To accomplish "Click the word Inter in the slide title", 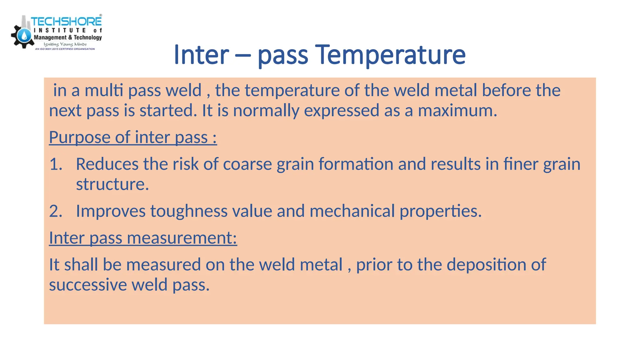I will click(x=201, y=55).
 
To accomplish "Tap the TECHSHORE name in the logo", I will click(x=66, y=22).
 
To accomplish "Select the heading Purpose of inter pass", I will click(x=133, y=137).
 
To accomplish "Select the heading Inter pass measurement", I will click(x=143, y=238).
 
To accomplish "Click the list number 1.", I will click(x=56, y=164).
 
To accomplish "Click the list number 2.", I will click(x=56, y=211).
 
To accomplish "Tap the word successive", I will click(x=88, y=285).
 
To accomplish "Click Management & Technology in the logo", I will click(x=68, y=37).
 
